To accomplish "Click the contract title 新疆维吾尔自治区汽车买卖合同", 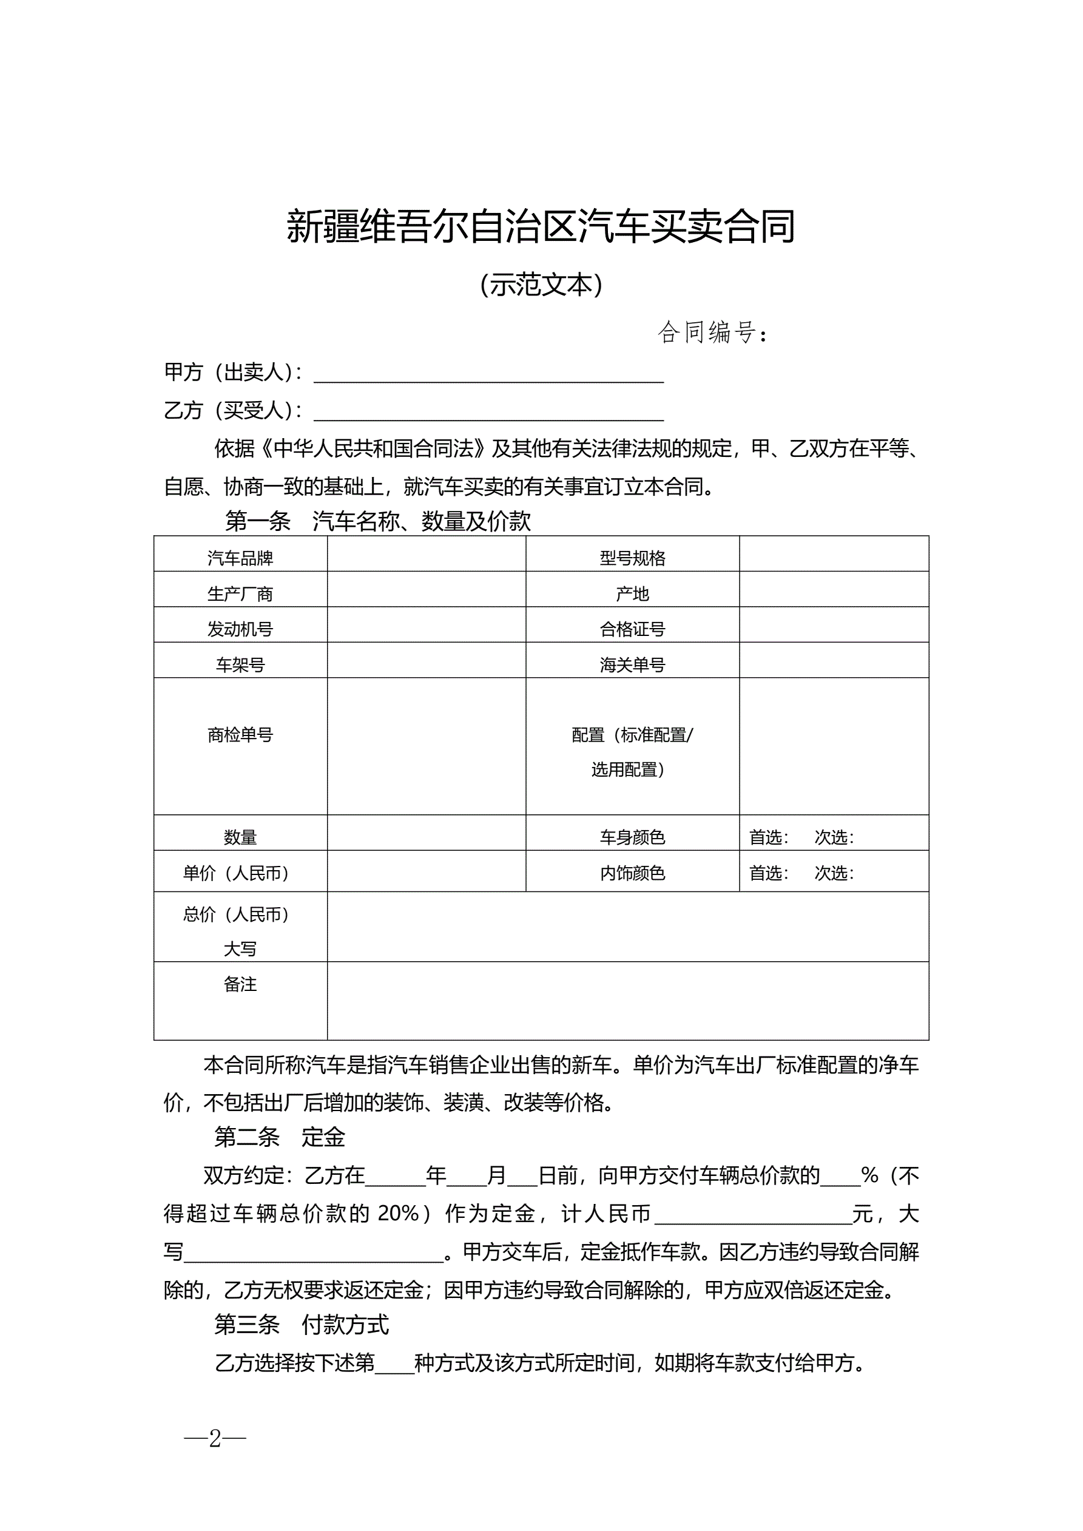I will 541,227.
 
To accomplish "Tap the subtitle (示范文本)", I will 541,285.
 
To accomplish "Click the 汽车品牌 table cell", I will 240,558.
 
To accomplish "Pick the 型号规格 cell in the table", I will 632,558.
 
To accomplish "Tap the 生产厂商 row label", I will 240,593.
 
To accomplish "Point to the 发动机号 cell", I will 240,629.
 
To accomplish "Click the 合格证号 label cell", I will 632,629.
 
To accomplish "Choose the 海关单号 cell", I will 632,664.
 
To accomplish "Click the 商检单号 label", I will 240,735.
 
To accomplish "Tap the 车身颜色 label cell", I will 632,837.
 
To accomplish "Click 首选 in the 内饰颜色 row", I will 768,873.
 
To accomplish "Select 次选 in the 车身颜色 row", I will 834,837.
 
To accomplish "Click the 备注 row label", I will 240,984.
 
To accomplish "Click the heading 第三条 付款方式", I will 301,1324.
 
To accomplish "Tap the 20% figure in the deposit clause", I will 398,1213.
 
